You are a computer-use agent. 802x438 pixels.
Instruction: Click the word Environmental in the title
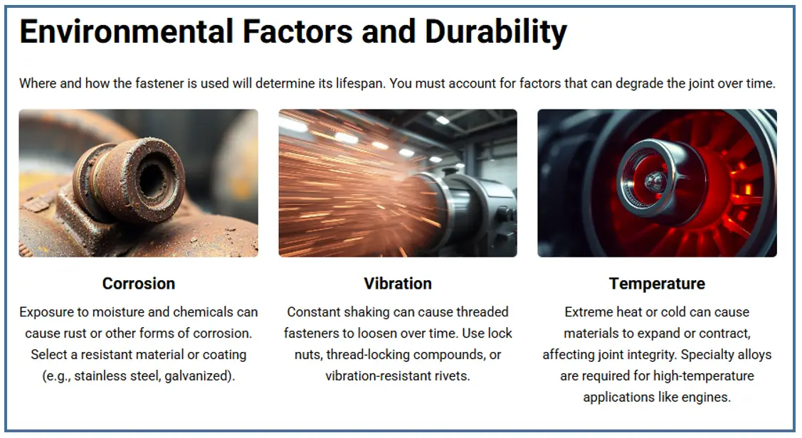[127, 31]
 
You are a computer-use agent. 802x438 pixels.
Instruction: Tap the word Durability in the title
[495, 32]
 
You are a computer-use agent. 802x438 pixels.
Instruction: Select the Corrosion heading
[139, 283]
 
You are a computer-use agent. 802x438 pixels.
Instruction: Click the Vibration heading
[398, 283]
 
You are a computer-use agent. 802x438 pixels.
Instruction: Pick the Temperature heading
[658, 284]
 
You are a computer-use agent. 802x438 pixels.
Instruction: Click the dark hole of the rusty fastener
[152, 181]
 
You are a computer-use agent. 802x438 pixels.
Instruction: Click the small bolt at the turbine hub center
[652, 179]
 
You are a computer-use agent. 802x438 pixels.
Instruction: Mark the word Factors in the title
[297, 32]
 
